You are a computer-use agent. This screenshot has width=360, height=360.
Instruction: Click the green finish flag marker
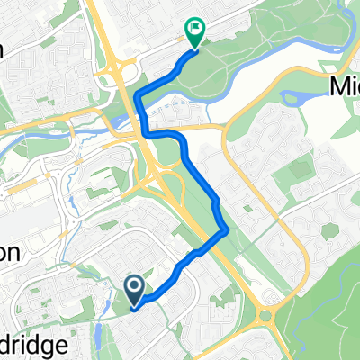point(193,31)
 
